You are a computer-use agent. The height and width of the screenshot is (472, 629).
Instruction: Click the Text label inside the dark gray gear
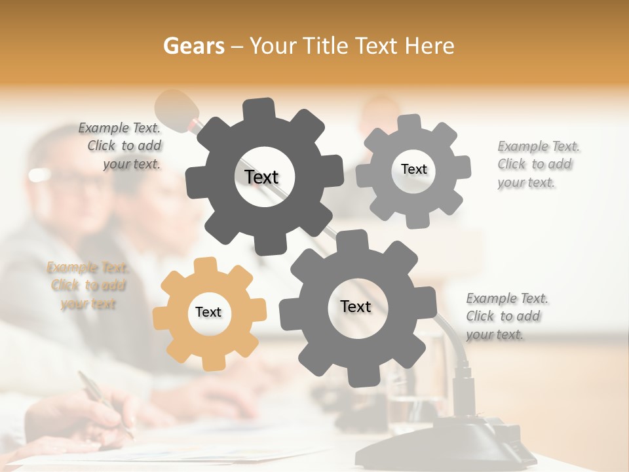point(262,177)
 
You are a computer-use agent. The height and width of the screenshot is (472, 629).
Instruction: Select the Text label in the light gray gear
point(413,169)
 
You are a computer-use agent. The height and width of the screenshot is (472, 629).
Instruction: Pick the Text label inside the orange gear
point(208,312)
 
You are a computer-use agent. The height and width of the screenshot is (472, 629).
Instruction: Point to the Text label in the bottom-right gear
point(356,306)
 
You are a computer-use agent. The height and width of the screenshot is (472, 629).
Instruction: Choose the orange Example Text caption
point(88,285)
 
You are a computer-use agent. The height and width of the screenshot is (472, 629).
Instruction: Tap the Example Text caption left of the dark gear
point(122,146)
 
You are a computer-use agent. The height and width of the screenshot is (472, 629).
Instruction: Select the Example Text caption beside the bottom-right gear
point(506,316)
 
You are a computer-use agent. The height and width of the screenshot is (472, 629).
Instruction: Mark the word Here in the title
point(430,46)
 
